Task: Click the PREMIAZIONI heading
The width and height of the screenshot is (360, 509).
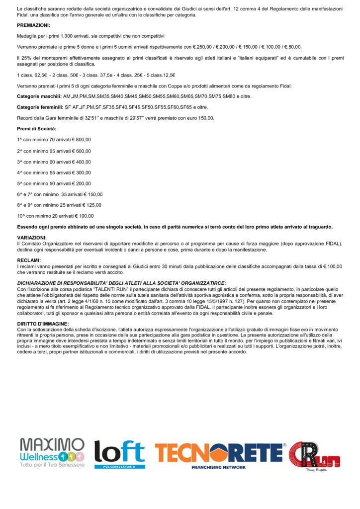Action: pos(33,25)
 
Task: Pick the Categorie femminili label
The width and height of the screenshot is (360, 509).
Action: pos(40,107)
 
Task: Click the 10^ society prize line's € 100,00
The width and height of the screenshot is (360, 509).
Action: pos(84,216)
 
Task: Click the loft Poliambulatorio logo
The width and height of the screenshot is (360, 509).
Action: pos(119,454)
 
